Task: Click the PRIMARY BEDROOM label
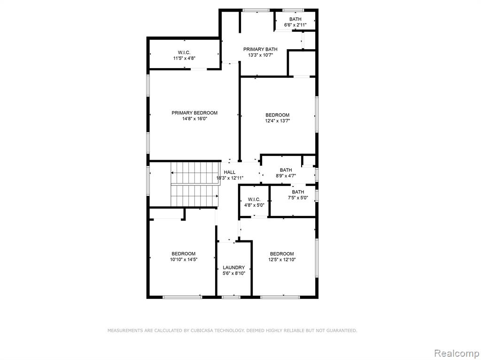point(194,113)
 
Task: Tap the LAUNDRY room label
point(234,268)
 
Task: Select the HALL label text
point(229,172)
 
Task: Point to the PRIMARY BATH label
point(260,49)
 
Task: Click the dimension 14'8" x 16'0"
point(195,119)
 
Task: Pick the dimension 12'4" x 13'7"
point(278,121)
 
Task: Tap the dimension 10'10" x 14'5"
point(184,260)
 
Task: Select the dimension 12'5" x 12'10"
point(282,260)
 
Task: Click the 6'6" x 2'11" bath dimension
point(295,25)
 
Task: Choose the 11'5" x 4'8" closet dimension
point(184,58)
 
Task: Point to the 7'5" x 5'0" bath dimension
point(298,198)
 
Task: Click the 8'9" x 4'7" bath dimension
point(286,176)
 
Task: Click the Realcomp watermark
point(457,353)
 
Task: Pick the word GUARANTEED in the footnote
point(341,330)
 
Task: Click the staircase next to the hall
point(195,184)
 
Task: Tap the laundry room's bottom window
point(231,297)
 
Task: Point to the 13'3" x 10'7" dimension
point(260,55)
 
